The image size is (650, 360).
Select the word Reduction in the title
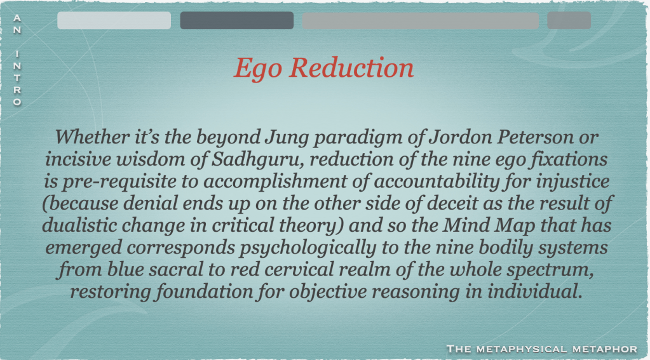tap(351, 67)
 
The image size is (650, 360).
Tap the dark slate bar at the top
tap(237, 20)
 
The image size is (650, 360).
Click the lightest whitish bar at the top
tap(114, 20)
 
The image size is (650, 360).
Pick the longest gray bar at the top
tap(421, 20)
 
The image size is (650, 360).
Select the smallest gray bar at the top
tap(569, 20)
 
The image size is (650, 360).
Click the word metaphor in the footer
tap(605, 349)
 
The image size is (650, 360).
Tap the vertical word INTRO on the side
tap(17, 78)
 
